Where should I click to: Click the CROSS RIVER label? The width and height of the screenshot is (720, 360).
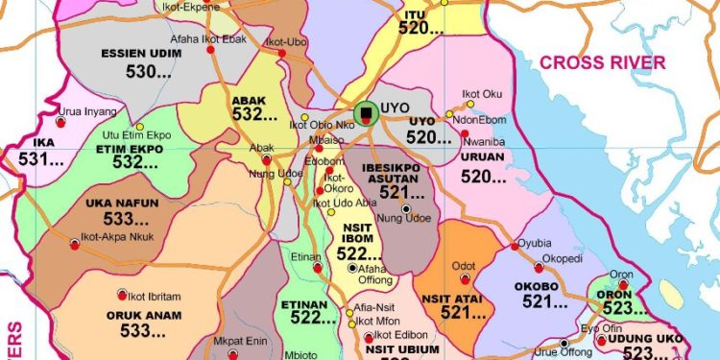602,63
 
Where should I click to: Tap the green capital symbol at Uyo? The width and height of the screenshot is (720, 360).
365,114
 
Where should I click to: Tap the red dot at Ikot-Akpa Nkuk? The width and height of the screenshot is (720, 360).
74,246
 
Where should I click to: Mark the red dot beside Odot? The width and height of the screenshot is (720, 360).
466,279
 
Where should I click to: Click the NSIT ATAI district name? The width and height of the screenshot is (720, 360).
462,299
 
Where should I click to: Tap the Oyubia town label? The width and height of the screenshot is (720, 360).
535,244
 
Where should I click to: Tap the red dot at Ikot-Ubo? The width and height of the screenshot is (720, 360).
281,53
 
